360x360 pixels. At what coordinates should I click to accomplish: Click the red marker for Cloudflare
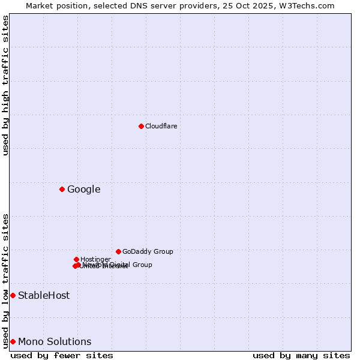tap(141, 126)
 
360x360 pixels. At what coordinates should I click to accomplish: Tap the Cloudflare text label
tap(161, 126)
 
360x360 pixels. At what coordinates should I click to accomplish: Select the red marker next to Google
tap(62, 190)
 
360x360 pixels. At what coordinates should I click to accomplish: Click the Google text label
tap(83, 190)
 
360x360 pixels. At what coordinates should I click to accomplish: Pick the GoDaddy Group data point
tap(118, 251)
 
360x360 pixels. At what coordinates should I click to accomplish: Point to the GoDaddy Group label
tap(148, 251)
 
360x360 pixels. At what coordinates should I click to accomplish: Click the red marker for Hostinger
tap(76, 259)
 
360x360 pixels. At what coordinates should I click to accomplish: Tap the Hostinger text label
tap(95, 259)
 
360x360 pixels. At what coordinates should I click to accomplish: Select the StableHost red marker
tap(13, 295)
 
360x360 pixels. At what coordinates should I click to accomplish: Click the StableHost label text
tap(44, 295)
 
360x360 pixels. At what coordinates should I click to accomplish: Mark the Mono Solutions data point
tap(13, 341)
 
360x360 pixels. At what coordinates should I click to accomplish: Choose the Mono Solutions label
tap(55, 342)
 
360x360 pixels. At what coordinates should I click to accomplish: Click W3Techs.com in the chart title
tap(310, 5)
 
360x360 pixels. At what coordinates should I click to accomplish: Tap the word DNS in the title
tap(131, 5)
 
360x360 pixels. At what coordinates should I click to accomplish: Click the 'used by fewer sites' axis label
tap(62, 355)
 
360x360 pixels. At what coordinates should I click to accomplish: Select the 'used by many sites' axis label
tap(301, 355)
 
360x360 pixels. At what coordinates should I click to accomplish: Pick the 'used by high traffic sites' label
tap(5, 85)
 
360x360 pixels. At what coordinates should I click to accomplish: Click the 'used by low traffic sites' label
tap(5, 280)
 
